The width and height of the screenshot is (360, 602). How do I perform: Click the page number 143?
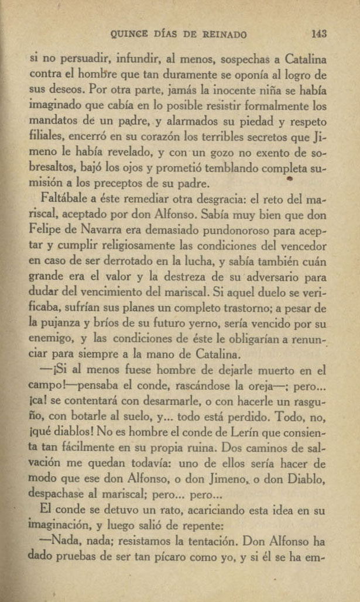pyautogui.click(x=318, y=35)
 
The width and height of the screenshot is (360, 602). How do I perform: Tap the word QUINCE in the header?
pyautogui.click(x=129, y=35)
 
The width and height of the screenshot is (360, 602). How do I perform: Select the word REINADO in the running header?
pyautogui.click(x=225, y=35)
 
